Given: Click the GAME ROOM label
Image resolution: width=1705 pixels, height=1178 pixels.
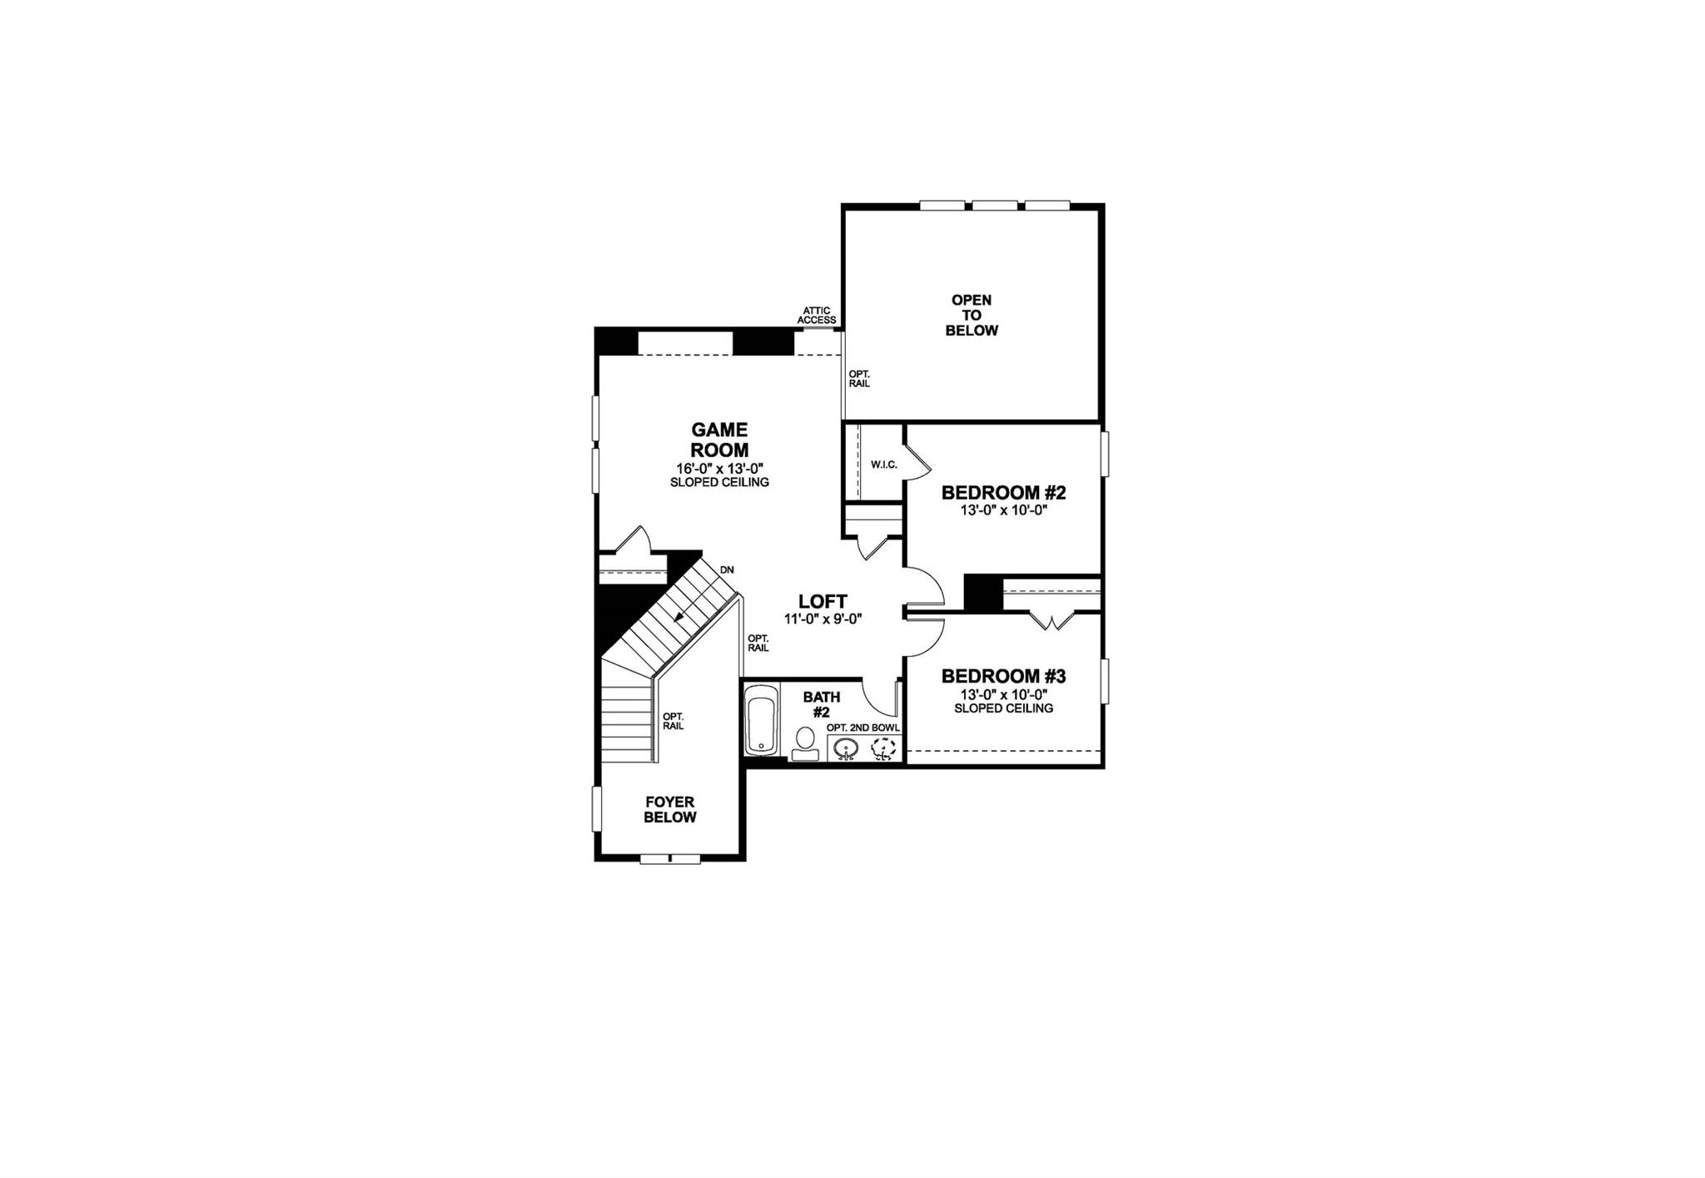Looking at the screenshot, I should [719, 440].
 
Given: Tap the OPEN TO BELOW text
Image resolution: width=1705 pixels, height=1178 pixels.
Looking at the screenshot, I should [972, 315].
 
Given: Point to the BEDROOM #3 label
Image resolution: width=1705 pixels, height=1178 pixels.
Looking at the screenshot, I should [1003, 676].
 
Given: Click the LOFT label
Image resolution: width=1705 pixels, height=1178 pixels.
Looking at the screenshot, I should [823, 601].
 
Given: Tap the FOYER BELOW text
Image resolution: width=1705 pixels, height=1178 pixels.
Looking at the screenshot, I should [670, 809].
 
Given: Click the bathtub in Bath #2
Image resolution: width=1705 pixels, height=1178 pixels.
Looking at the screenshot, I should [760, 720].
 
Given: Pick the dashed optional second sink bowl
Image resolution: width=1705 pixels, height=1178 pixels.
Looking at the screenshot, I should [882, 749].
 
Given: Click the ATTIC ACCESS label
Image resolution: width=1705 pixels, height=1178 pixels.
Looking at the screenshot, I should [817, 316].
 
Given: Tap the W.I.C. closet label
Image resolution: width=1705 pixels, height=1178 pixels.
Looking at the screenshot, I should [884, 465].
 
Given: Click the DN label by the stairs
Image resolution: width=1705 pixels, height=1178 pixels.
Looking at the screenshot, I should [727, 570].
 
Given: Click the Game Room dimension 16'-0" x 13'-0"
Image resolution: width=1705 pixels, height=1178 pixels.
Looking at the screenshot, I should [719, 468].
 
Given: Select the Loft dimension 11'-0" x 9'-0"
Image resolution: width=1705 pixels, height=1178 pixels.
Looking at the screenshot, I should [823, 619].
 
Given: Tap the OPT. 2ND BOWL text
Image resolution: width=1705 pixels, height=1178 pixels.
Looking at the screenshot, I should [863, 728].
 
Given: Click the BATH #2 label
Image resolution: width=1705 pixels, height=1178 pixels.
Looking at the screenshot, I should [822, 704].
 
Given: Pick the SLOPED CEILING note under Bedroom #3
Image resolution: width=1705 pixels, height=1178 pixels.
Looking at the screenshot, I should [1003, 708].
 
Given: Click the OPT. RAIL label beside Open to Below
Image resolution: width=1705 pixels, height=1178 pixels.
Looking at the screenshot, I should [859, 379].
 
